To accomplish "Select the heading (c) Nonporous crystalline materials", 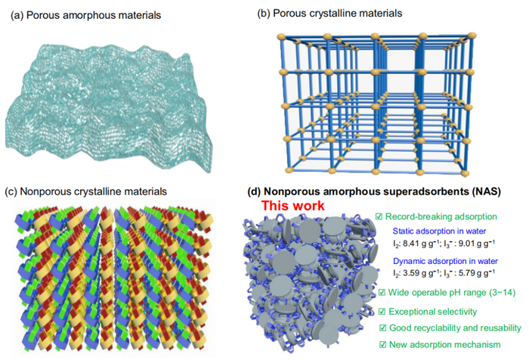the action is [85, 191].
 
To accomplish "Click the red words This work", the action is [292, 206].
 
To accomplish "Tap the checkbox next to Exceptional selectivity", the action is [383, 311].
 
